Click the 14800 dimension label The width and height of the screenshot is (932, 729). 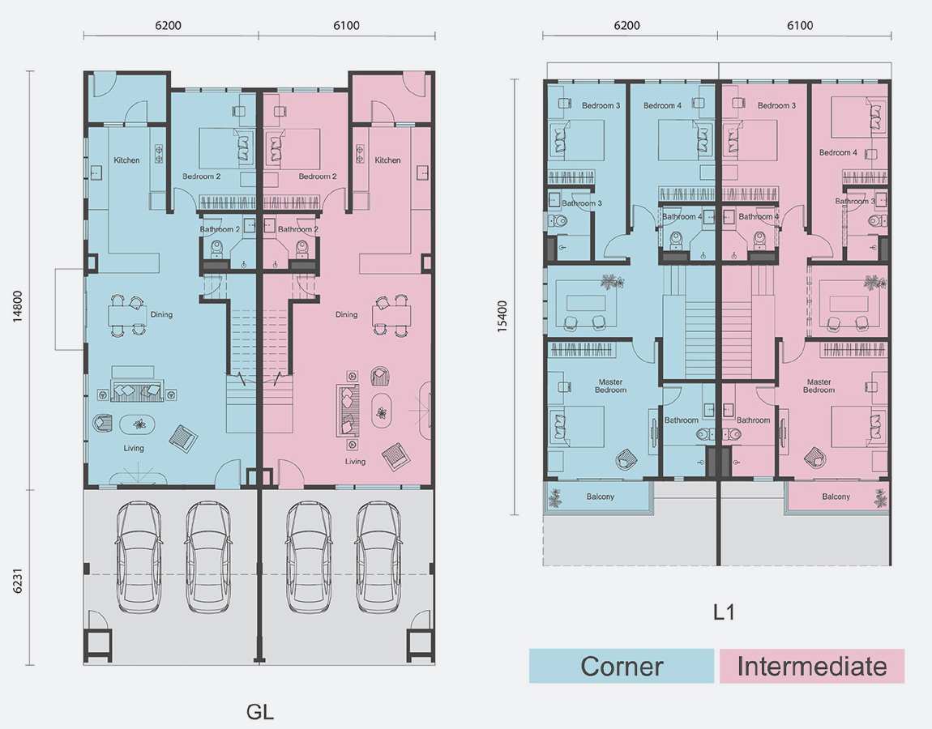point(17,306)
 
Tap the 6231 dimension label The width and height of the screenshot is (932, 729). point(17,581)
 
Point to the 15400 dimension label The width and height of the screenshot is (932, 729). point(502,316)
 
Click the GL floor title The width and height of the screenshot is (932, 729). point(260,711)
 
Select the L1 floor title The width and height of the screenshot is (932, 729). point(724,612)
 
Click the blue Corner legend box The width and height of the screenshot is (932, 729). point(622,666)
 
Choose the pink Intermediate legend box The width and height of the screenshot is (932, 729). point(812,666)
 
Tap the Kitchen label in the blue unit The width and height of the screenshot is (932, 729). point(126,160)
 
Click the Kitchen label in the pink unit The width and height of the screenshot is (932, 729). point(387,160)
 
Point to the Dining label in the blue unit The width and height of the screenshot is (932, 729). point(161,315)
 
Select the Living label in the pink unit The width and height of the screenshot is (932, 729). point(356,462)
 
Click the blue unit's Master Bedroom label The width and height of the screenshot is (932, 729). point(610,386)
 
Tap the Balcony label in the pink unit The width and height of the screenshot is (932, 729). point(836,497)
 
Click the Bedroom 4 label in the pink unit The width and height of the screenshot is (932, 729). point(838,153)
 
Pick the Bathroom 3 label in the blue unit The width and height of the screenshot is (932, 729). point(582,203)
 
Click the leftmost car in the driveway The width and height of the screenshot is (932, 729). point(139,557)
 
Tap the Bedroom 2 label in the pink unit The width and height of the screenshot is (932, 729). point(318,177)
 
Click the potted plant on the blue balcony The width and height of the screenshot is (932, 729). point(555,498)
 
